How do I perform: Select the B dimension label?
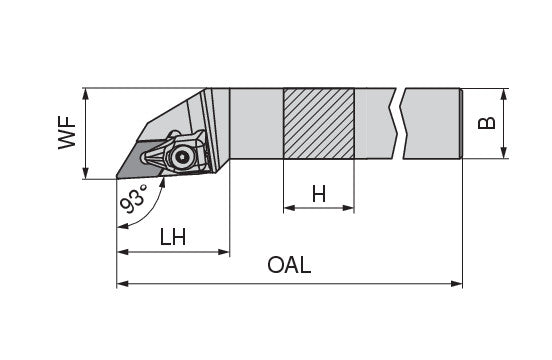tap(487, 123)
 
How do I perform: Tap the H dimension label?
tap(319, 194)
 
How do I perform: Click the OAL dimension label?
tap(289, 265)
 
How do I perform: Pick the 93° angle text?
tap(133, 199)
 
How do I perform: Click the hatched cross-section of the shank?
tap(319, 124)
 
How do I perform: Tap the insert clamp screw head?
tap(182, 157)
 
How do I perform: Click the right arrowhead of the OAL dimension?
tap(457, 284)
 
